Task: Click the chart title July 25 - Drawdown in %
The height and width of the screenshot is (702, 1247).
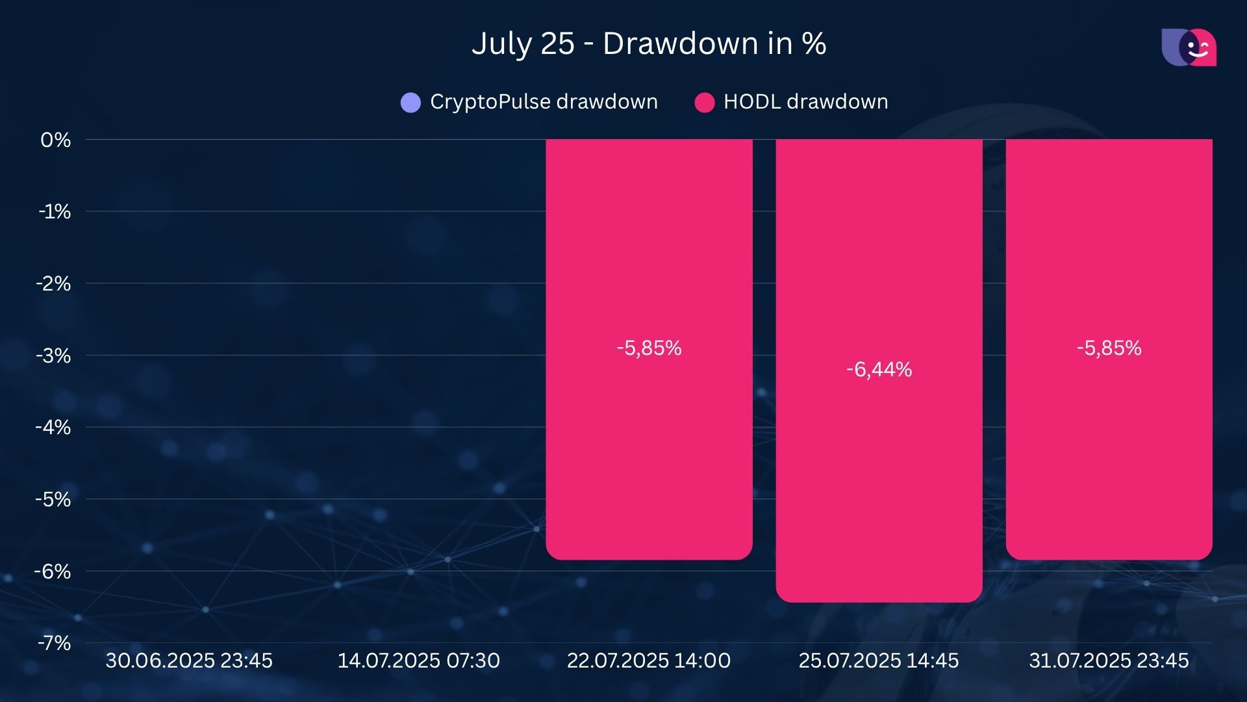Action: pyautogui.click(x=648, y=44)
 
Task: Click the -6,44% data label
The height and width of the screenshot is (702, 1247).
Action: pyautogui.click(x=879, y=370)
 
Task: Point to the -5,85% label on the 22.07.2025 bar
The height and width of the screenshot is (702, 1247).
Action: pyautogui.click(x=649, y=348)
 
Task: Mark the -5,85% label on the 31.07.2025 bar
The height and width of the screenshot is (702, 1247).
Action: pyautogui.click(x=1109, y=348)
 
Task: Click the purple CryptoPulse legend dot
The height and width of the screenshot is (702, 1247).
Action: pyautogui.click(x=410, y=102)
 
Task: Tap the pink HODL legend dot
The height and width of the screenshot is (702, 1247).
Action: pyautogui.click(x=704, y=102)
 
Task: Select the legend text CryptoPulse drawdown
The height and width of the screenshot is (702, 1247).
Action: pyautogui.click(x=544, y=102)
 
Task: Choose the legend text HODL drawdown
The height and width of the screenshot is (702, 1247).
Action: pyautogui.click(x=805, y=102)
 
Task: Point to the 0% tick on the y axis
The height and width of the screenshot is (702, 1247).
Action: pyautogui.click(x=55, y=140)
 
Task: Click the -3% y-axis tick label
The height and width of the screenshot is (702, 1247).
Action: pyautogui.click(x=54, y=356)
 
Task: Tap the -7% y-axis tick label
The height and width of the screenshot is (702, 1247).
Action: pyautogui.click(x=54, y=643)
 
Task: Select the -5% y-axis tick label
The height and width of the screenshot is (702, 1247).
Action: pyautogui.click(x=54, y=499)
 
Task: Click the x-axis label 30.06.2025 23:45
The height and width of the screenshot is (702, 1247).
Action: pyautogui.click(x=189, y=660)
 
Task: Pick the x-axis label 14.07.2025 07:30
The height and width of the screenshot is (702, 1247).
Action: pyautogui.click(x=419, y=660)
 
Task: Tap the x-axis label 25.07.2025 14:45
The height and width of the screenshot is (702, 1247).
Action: pyautogui.click(x=879, y=660)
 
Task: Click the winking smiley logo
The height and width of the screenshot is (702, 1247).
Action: pyautogui.click(x=1189, y=47)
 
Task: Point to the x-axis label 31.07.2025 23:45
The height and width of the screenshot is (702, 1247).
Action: pyautogui.click(x=1109, y=660)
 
